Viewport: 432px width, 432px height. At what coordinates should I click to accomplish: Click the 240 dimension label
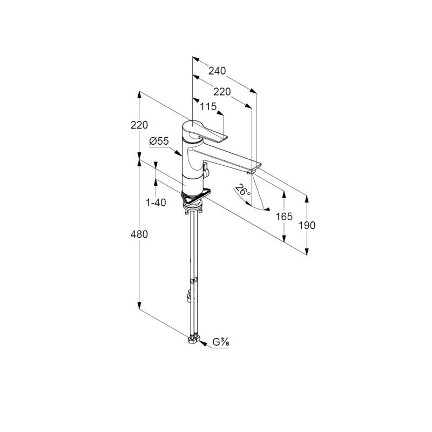(x=217, y=71)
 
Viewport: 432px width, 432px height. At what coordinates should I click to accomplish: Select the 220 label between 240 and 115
(x=222, y=92)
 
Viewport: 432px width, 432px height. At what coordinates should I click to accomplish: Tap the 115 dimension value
(x=208, y=106)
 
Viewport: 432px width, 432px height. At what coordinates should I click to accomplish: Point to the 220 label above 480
(x=139, y=125)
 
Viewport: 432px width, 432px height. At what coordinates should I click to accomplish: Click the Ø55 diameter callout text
(x=159, y=141)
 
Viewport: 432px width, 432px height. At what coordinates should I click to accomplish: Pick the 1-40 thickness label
(x=156, y=203)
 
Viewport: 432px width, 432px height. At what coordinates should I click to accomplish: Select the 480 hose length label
(x=139, y=234)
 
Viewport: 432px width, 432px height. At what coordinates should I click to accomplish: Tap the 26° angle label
(x=242, y=190)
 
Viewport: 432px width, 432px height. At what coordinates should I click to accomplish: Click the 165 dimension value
(x=284, y=217)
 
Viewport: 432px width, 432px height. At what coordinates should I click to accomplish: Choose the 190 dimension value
(x=307, y=226)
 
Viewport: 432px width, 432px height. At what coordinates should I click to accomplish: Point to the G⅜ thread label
(x=221, y=342)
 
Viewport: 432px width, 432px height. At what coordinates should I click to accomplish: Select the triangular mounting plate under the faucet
(x=195, y=195)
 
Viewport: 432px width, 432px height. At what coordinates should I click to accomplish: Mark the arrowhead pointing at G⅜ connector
(x=202, y=343)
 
